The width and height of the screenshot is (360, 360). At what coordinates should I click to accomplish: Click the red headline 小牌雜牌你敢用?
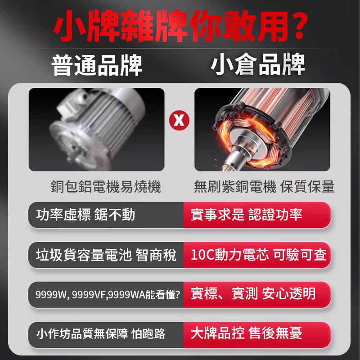coord(180,26)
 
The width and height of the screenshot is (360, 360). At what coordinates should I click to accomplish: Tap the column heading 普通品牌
coord(97,65)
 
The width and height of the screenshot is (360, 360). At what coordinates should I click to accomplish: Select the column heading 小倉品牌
coord(257,64)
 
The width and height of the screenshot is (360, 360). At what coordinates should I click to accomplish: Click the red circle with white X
coord(179,120)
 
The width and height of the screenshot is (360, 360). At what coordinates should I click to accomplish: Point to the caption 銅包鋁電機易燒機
coord(106,186)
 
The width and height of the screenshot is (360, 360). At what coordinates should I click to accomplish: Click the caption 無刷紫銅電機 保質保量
coord(264,186)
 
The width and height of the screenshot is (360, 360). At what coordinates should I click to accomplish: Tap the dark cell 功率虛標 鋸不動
coord(106,215)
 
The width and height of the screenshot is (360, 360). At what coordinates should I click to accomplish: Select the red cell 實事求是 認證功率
coord(257,215)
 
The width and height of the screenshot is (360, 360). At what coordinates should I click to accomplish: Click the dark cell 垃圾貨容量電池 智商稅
coord(106,255)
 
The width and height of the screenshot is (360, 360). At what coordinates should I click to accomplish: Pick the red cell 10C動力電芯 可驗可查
coord(257,255)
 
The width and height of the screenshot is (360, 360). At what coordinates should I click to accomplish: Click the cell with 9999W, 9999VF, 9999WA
coord(106,295)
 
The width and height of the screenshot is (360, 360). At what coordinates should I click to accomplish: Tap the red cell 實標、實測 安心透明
coord(257,295)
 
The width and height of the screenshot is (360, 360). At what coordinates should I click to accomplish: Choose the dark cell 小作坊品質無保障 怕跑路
coord(106,335)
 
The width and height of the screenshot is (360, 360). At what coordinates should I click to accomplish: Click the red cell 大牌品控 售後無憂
coord(257,335)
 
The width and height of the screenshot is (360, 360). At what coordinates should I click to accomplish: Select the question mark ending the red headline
coord(298,26)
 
